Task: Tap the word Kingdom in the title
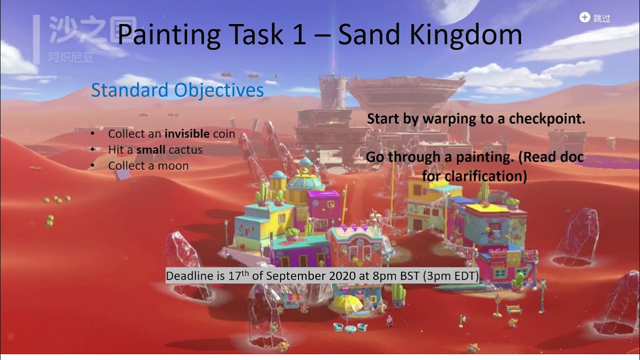470,34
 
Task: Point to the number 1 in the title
299,34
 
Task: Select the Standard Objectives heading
177,90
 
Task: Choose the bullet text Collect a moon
148,165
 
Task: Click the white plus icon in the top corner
584,17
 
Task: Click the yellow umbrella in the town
344,302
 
